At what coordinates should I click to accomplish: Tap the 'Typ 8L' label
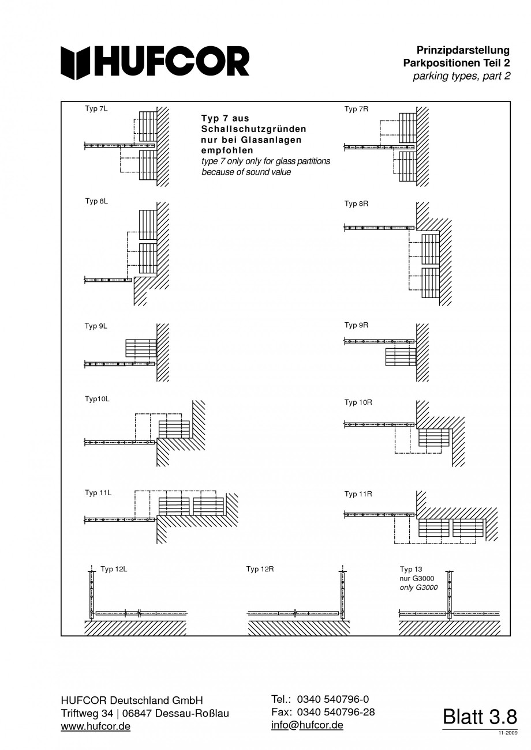pos(96,201)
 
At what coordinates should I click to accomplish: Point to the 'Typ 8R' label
pos(356,203)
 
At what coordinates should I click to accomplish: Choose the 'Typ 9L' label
pos(96,326)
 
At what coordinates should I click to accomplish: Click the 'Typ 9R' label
pos(356,325)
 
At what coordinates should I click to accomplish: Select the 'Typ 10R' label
pos(358,402)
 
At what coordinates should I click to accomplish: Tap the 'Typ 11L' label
pos(98,493)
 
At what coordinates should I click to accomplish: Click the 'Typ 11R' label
pos(358,494)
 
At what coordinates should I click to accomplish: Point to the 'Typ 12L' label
pos(113,569)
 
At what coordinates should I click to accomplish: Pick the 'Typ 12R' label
pos(260,569)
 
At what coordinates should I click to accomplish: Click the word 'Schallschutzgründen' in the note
pos(253,129)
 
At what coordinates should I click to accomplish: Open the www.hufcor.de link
pos(95,726)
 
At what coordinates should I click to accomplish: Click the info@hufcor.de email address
pos(307,725)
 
